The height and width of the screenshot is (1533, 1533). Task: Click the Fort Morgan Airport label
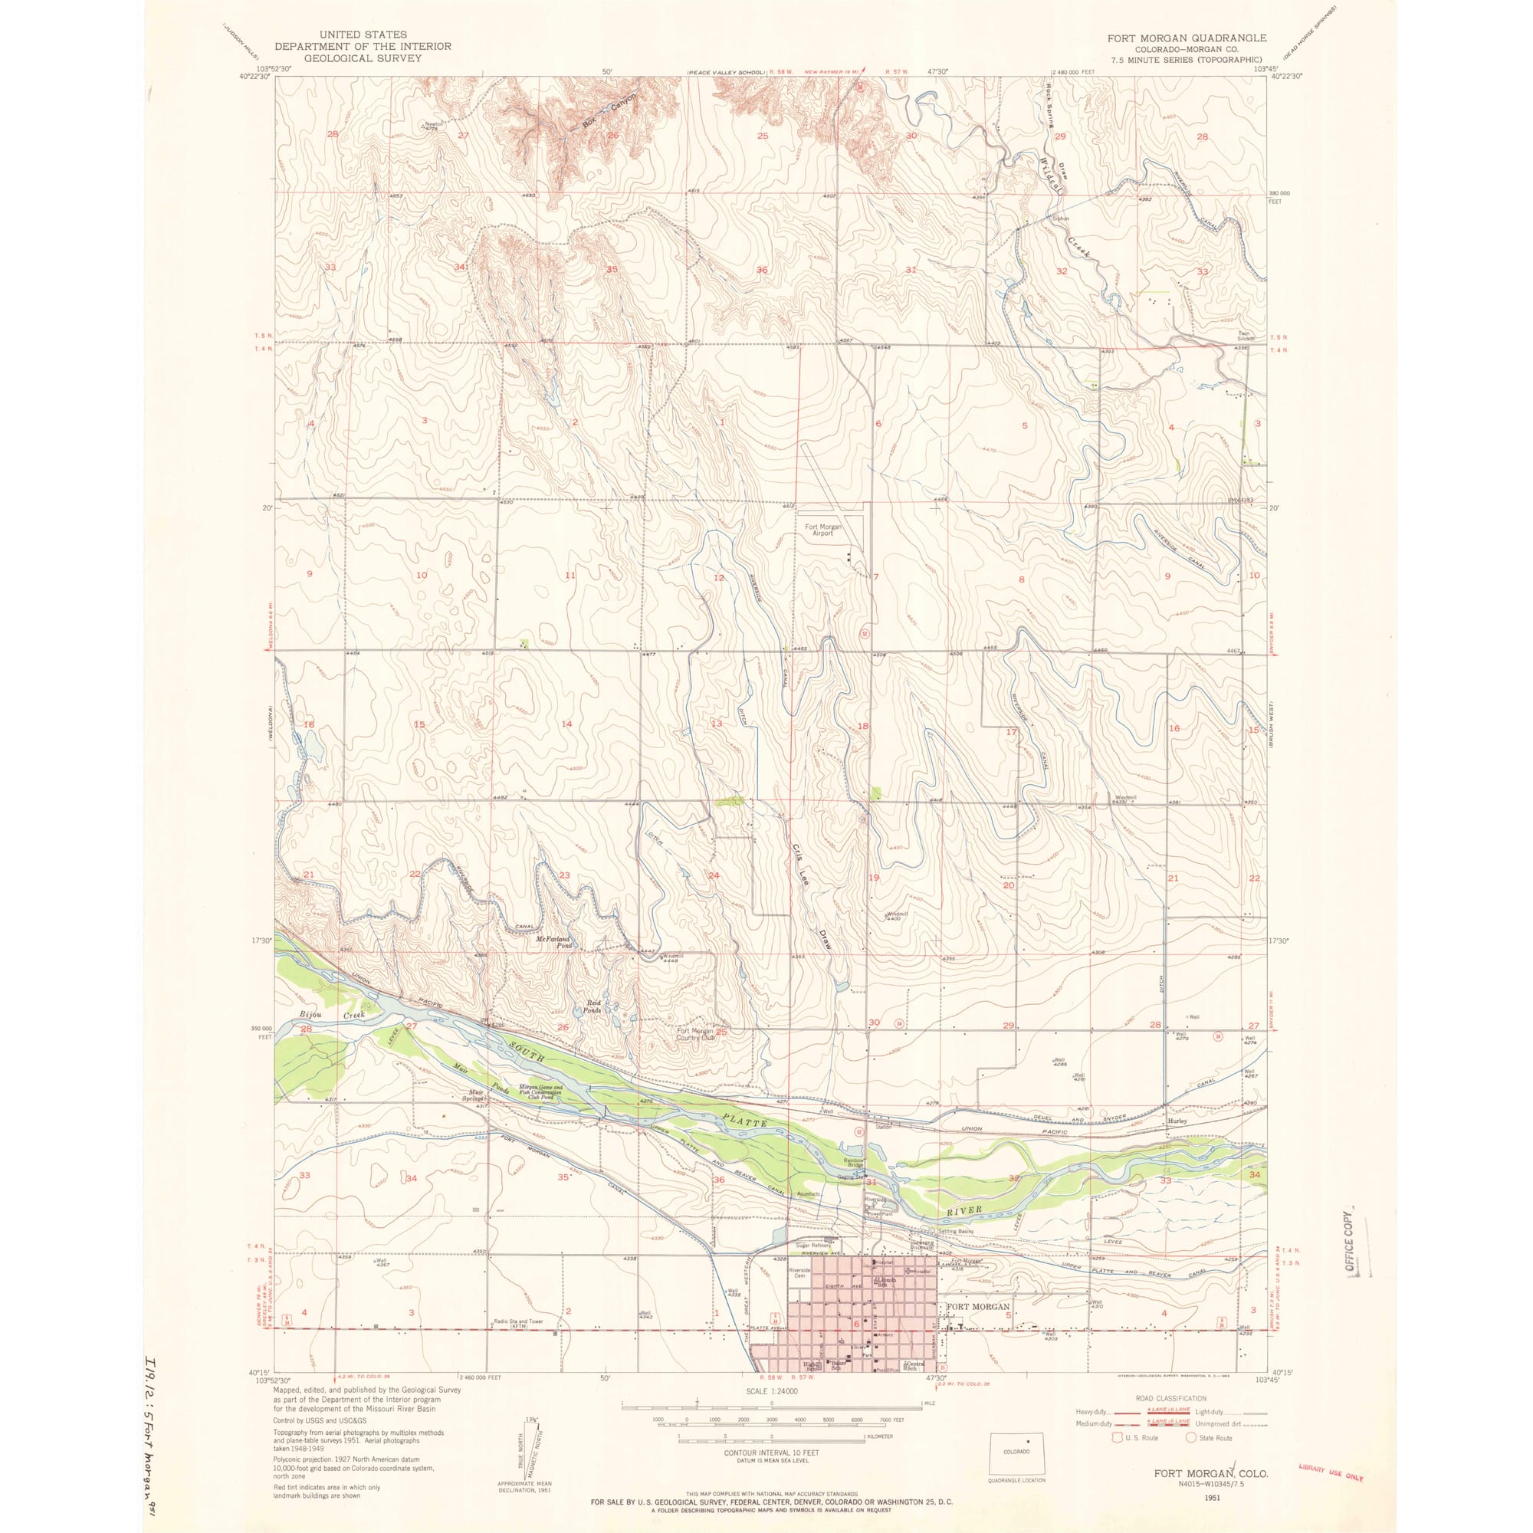pyautogui.click(x=822, y=530)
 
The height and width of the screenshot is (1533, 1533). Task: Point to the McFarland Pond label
pyautogui.click(x=554, y=942)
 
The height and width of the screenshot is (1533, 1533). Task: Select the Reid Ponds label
pyautogui.click(x=599, y=1006)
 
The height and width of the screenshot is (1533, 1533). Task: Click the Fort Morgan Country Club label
pyautogui.click(x=696, y=1034)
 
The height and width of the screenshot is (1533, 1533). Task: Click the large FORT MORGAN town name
pyautogui.click(x=977, y=1306)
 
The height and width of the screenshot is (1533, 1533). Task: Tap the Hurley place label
pyautogui.click(x=1177, y=1121)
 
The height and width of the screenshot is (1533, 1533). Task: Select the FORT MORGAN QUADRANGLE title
pyautogui.click(x=1187, y=38)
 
